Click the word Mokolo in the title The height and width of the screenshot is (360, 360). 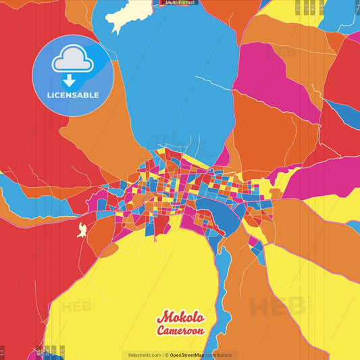[x=180, y=317]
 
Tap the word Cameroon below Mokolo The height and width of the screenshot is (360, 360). [x=180, y=331]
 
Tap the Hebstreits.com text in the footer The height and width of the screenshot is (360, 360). [x=143, y=355]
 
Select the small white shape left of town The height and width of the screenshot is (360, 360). [x=82, y=230]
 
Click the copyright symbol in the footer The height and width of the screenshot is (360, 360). [x=166, y=355]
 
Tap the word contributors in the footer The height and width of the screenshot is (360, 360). [x=218, y=355]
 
